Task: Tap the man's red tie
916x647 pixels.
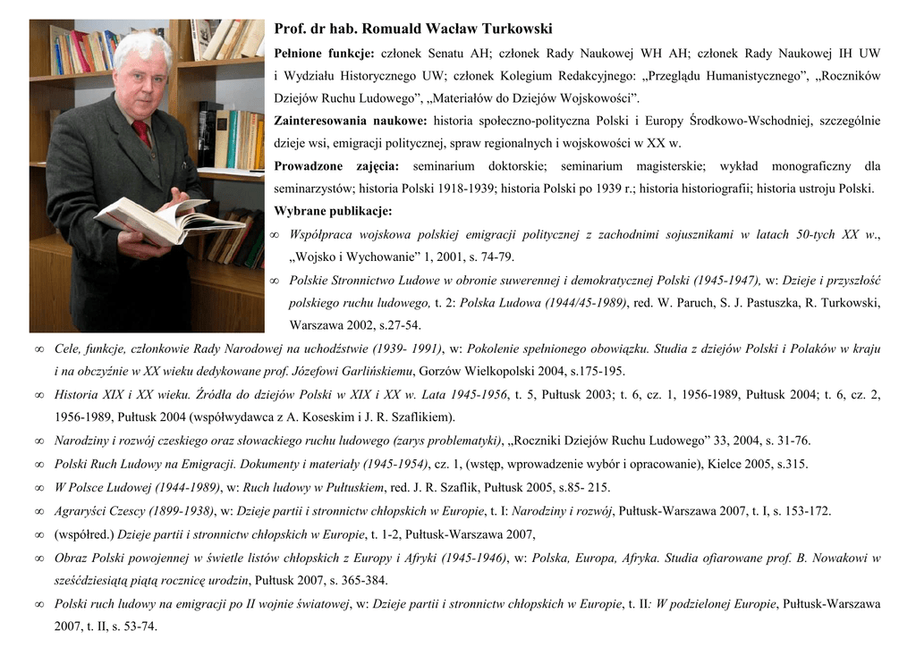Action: [x=142, y=134]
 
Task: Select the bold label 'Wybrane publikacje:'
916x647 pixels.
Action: [x=333, y=212]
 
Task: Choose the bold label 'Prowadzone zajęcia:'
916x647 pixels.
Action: [x=336, y=166]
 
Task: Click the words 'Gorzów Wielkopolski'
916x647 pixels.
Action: [x=476, y=371]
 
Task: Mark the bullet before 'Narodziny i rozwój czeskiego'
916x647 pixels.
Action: [x=38, y=441]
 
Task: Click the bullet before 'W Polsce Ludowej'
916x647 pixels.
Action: [x=38, y=487]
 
